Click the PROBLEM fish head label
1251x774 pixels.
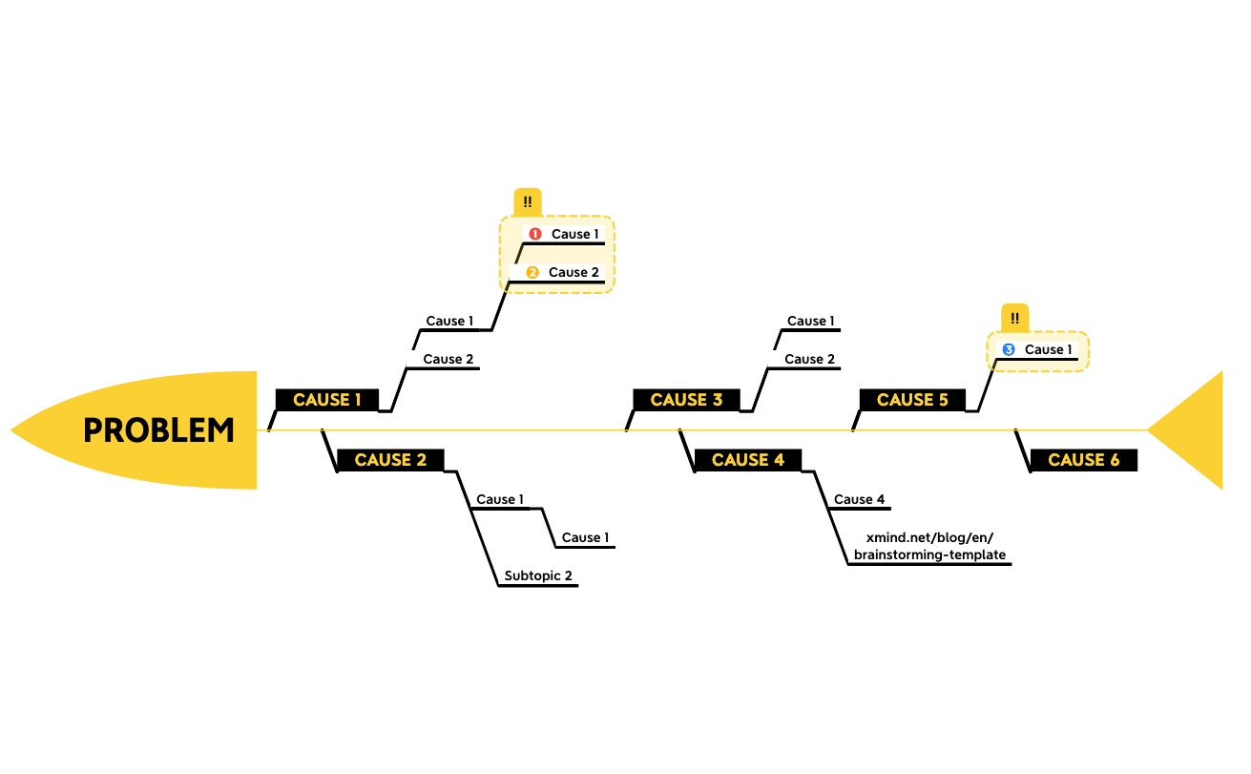[x=159, y=430]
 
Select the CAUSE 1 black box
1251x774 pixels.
[x=327, y=400]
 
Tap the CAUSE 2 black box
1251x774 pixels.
[x=391, y=460]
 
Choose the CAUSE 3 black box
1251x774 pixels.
[x=686, y=400]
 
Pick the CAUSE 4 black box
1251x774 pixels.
[x=748, y=460]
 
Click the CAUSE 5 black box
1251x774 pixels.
[x=912, y=400]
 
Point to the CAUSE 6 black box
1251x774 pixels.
[x=1083, y=460]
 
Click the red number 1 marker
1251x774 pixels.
[x=535, y=234]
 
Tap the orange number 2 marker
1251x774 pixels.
[x=532, y=273]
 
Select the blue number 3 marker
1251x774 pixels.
[x=1009, y=349]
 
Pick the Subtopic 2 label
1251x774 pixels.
[x=538, y=575]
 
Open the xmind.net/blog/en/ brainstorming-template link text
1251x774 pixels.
[x=929, y=546]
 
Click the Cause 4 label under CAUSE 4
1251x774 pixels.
[x=860, y=499]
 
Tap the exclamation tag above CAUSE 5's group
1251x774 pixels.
[x=1014, y=319]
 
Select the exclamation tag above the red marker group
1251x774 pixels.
[x=528, y=202]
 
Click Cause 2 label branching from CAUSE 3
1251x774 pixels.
[x=810, y=359]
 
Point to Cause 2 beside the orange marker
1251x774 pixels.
[x=573, y=273]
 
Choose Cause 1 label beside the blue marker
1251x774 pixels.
[x=1049, y=349]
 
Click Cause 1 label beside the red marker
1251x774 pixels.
[x=575, y=234]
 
